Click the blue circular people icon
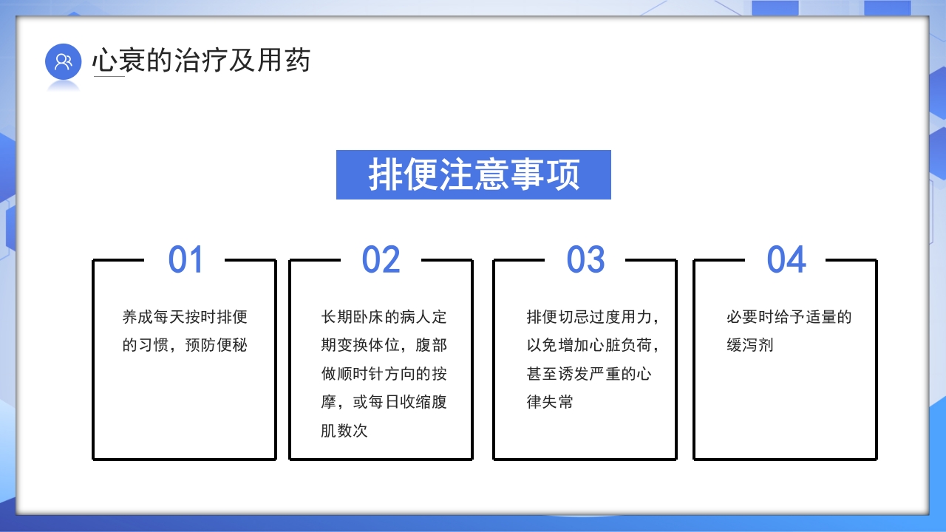click(63, 61)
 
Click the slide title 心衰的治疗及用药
click(201, 61)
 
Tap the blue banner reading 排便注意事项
click(474, 175)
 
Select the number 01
click(186, 260)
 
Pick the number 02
click(381, 260)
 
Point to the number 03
click(585, 260)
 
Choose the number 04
click(786, 260)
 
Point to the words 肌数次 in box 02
click(344, 431)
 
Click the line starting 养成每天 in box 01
click(185, 318)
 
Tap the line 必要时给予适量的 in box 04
click(789, 318)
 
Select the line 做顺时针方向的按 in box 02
click(384, 374)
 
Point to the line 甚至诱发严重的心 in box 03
click(589, 374)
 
